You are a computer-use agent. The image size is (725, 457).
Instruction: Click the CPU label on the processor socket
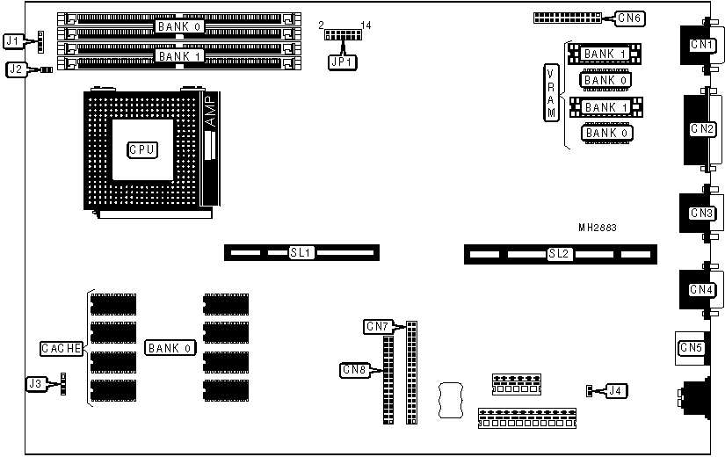pos(141,150)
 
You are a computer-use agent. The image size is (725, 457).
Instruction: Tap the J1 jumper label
pos(13,40)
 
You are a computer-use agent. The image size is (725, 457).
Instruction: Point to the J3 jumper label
pos(36,383)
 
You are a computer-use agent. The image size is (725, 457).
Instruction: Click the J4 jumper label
pos(618,390)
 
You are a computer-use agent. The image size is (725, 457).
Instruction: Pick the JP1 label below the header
pos(340,62)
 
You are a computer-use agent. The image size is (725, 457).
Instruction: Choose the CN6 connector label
pos(629,18)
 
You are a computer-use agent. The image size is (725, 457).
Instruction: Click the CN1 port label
pos(701,44)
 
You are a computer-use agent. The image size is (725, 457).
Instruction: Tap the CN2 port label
pos(702,128)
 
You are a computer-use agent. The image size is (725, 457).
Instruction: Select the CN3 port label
pos(701,213)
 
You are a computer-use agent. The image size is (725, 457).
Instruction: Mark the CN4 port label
pos(701,289)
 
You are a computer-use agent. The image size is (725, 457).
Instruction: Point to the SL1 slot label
pos(301,253)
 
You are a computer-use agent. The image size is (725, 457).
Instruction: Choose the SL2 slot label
pos(559,254)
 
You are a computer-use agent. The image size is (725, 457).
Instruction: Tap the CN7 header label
pos(377,327)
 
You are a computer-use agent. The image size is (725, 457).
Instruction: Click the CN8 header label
pos(353,370)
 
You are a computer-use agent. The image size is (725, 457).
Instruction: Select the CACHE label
pos(62,349)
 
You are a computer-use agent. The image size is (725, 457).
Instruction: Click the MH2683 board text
pos(598,228)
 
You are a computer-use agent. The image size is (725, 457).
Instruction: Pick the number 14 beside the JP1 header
pos(366,25)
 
